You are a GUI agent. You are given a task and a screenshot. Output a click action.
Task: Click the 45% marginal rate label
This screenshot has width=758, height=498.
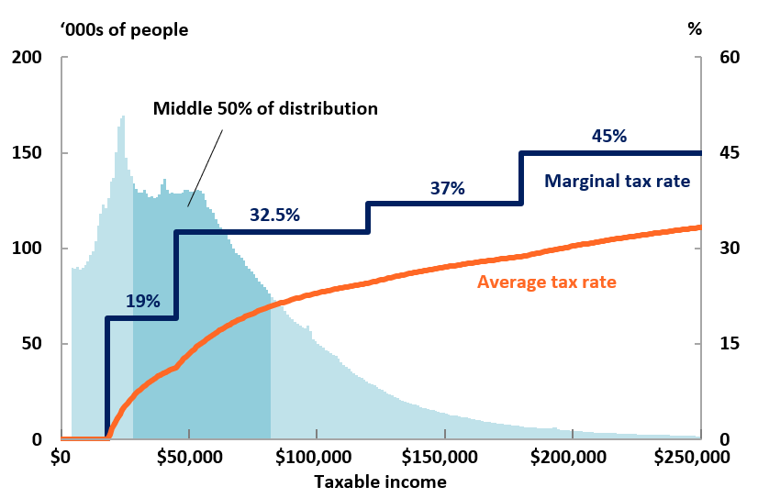pyautogui.click(x=608, y=137)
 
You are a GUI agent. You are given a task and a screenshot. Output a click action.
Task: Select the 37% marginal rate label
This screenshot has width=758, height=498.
pyautogui.click(x=448, y=189)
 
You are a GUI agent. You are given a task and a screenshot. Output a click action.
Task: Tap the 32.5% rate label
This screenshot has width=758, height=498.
pyautogui.click(x=275, y=216)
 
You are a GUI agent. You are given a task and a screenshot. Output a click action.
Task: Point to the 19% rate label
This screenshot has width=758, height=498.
pyautogui.click(x=143, y=301)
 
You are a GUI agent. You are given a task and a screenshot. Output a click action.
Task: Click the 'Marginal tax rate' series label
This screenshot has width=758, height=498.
pyautogui.click(x=617, y=181)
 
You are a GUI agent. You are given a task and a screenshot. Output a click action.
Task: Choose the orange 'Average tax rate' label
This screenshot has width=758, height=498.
pyautogui.click(x=547, y=282)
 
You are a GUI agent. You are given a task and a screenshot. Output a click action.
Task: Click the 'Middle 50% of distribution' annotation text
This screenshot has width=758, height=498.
pyautogui.click(x=265, y=108)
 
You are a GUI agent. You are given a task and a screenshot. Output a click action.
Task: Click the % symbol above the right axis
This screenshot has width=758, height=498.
pyautogui.click(x=695, y=28)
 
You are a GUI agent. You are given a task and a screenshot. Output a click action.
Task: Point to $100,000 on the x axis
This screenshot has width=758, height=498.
pyautogui.click(x=316, y=456)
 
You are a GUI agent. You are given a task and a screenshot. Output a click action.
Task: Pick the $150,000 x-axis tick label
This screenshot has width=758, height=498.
pyautogui.click(x=443, y=456)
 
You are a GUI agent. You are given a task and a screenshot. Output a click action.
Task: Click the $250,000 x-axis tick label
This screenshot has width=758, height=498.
pyautogui.click(x=698, y=456)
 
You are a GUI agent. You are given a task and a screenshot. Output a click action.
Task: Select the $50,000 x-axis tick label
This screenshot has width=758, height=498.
pyautogui.click(x=188, y=456)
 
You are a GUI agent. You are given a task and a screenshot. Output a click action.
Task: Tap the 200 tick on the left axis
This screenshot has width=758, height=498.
pyautogui.click(x=28, y=58)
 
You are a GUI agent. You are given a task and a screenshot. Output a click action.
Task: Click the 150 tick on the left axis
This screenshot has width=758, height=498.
pyautogui.click(x=28, y=153)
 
